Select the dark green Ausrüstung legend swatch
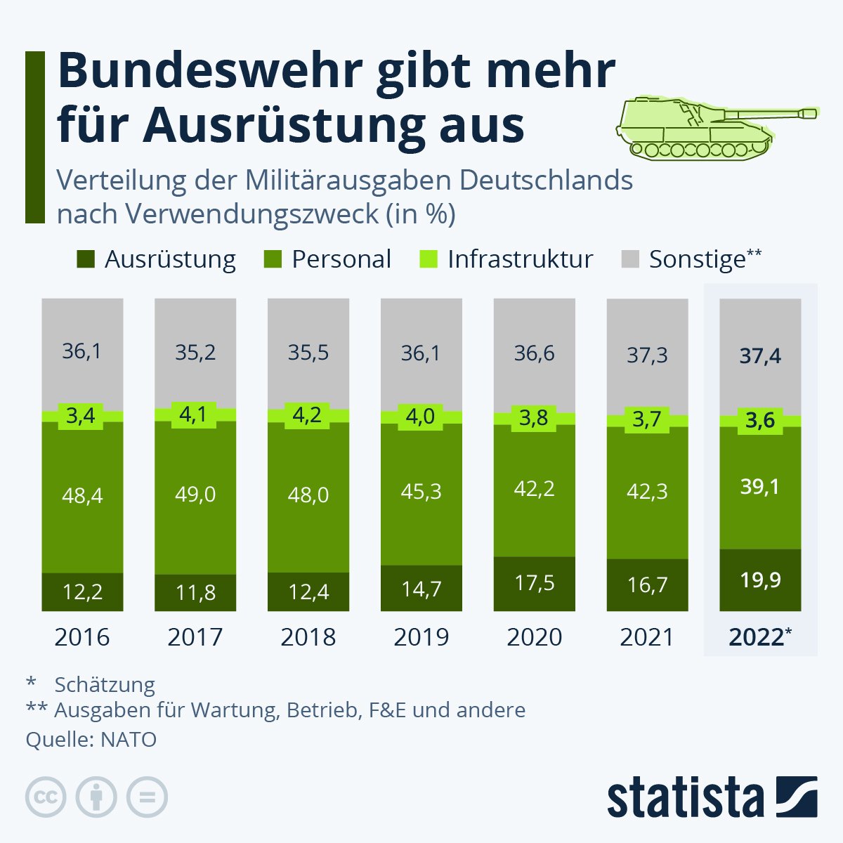[x=86, y=259]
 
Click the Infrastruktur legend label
[x=520, y=259]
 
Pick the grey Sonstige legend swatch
[x=630, y=259]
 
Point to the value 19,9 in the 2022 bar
[x=760, y=580]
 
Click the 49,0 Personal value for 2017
[x=195, y=495]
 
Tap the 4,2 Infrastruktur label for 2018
[x=308, y=414]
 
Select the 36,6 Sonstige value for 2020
[x=534, y=353]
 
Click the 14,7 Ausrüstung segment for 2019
[x=421, y=589]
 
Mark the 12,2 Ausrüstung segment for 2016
[x=82, y=592]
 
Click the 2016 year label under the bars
[x=82, y=636]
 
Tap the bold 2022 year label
[x=756, y=636]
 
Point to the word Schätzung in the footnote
[x=105, y=684]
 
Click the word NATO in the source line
[x=129, y=739]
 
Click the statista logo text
[x=685, y=797]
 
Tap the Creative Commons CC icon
[x=46, y=797]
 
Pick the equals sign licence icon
[x=147, y=797]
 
